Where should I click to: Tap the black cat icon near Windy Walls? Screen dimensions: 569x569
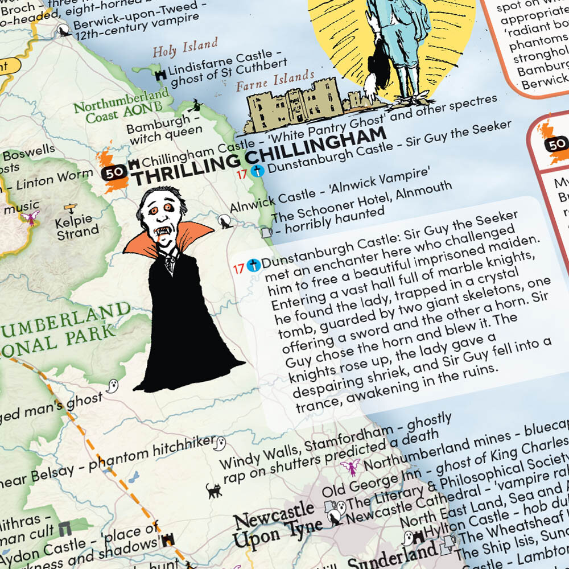214,490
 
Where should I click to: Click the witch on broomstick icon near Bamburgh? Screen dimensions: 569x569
197,105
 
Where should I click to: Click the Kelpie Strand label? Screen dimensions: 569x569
77,225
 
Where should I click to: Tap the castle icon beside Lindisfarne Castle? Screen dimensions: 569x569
160,74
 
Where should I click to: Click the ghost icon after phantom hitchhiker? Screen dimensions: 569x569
220,442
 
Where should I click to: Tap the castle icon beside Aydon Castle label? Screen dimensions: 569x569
168,539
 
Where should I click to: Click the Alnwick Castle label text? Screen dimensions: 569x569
265,196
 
